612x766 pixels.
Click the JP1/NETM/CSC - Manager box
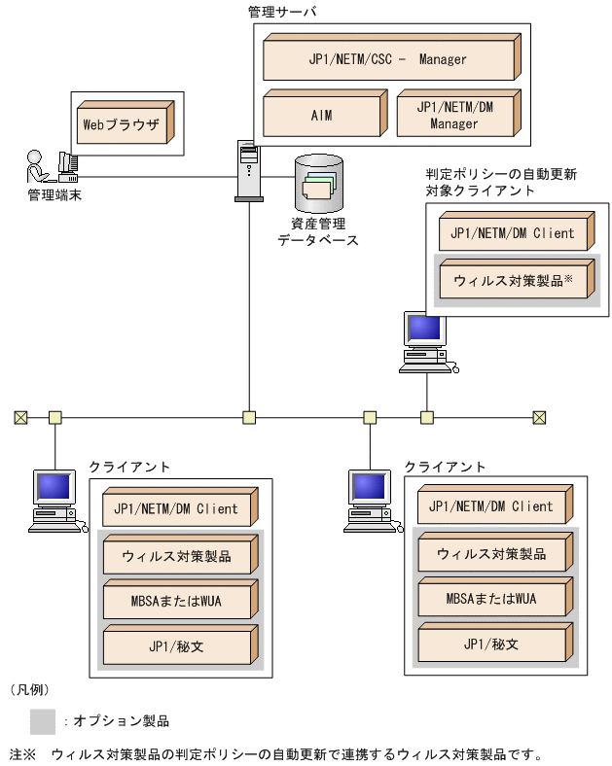pyautogui.click(x=387, y=58)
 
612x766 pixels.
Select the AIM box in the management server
pyautogui.click(x=322, y=115)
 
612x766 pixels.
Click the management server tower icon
pyautogui.click(x=249, y=170)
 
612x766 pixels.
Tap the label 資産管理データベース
pyautogui.click(x=318, y=231)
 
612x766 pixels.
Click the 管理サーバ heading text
pyautogui.click(x=283, y=12)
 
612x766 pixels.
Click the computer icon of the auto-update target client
pyautogui.click(x=424, y=341)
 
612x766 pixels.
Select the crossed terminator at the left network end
pyautogui.click(x=20, y=417)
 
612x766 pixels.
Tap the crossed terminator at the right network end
pyautogui.click(x=539, y=417)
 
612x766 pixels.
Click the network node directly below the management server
pyautogui.click(x=249, y=417)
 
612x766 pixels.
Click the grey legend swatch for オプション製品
pyautogui.click(x=43, y=720)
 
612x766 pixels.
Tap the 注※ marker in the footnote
pyautogui.click(x=22, y=753)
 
